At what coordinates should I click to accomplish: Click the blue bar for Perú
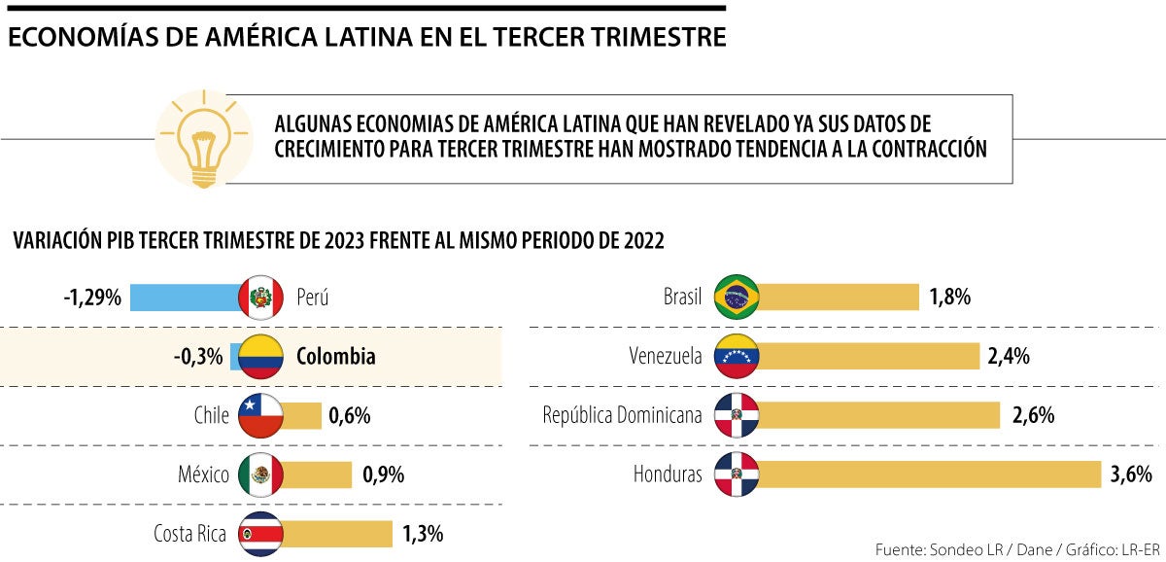[185, 297]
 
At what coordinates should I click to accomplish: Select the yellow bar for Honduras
[928, 474]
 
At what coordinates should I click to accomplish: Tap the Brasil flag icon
[737, 297]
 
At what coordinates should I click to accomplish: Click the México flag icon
[260, 474]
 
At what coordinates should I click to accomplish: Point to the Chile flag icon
[260, 415]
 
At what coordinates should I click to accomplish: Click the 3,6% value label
[1130, 474]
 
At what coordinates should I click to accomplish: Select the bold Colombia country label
[335, 357]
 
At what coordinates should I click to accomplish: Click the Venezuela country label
[666, 357]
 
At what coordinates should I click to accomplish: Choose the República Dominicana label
[622, 416]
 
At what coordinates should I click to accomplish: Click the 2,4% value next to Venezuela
[1009, 357]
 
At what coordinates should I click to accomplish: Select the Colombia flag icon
[260, 357]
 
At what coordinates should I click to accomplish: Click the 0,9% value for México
[383, 474]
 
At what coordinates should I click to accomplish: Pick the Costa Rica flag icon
[260, 534]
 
